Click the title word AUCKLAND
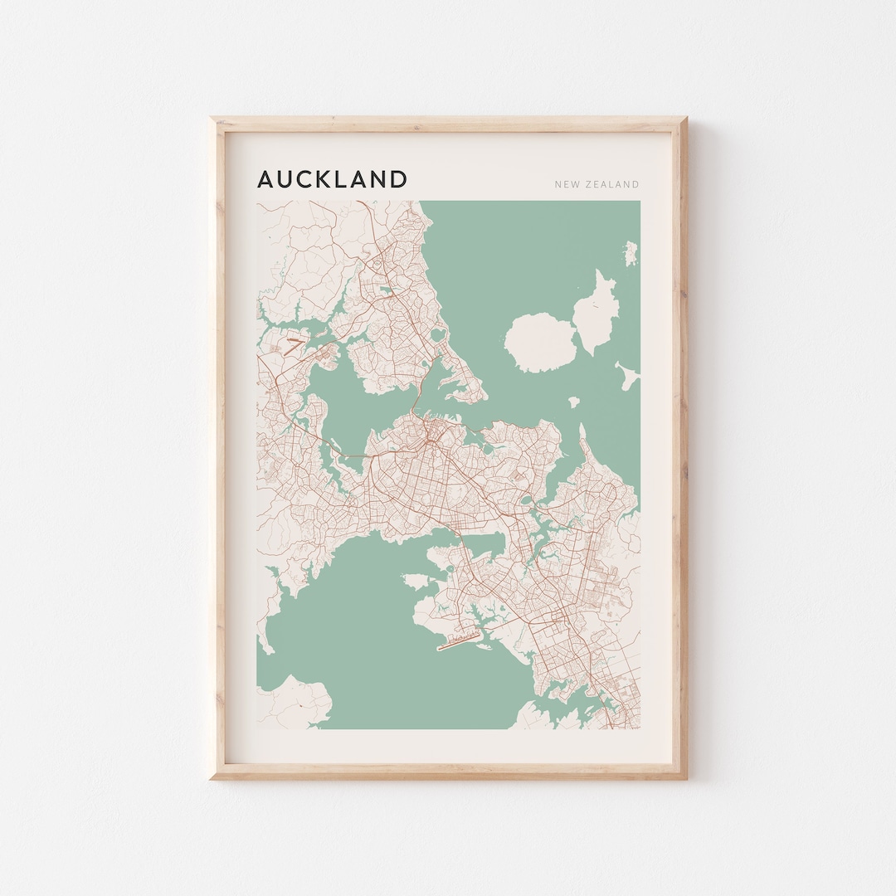pyautogui.click(x=332, y=179)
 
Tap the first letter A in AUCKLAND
pyautogui.click(x=265, y=179)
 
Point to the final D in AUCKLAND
pyautogui.click(x=399, y=179)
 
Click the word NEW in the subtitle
pyautogui.click(x=567, y=184)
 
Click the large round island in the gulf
pyautogui.click(x=541, y=341)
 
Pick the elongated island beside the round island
pyautogui.click(x=600, y=314)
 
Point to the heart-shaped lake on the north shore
pyautogui.click(x=386, y=291)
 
